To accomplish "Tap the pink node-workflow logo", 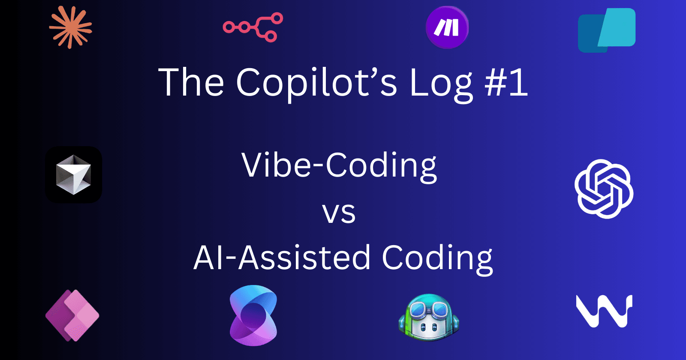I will coord(253,27).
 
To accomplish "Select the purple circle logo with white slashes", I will coord(447,27).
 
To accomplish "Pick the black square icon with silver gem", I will coord(74,174).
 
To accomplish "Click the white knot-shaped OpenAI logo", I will coord(604,189).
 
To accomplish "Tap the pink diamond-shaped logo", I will coord(72,315).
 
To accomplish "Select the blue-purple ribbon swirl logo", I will coord(253,315).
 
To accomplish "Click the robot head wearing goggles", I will coord(429,317).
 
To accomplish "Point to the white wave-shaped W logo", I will coord(604,311).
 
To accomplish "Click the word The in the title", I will coord(191,82).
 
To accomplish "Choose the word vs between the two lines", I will coord(339,213).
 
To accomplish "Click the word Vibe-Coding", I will coord(339,165).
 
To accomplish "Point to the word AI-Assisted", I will coord(282,258).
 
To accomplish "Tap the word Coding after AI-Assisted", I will coord(437,258).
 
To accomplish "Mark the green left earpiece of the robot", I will coord(402,322).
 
